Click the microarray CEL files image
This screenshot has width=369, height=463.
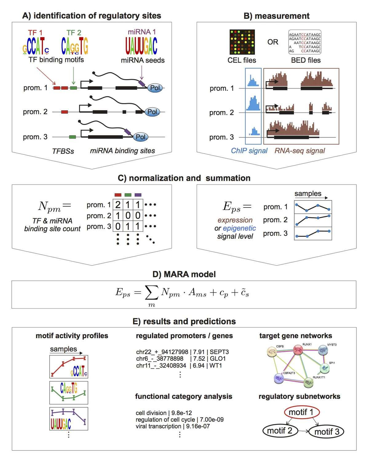242,42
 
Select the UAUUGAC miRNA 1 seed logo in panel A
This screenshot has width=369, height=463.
141,46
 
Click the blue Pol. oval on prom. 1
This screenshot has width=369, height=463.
155,88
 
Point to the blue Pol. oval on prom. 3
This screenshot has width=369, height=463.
141,137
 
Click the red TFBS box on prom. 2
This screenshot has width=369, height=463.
65,112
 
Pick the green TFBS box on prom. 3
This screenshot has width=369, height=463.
73,137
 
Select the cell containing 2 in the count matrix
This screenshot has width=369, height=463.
118,205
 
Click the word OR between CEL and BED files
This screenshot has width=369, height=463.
273,42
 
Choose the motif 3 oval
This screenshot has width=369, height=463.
326,432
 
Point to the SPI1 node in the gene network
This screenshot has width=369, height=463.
324,368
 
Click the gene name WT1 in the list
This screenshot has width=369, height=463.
216,366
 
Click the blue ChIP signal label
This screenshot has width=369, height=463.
249,151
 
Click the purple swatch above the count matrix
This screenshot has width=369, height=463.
138,195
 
